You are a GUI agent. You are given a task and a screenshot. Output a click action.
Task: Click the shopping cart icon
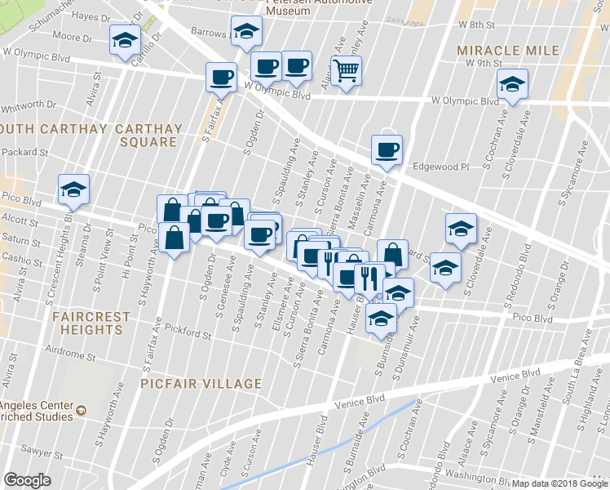[347, 71]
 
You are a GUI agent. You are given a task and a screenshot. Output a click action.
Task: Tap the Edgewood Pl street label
[442, 166]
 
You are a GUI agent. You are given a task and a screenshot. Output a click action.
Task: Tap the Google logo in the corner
[28, 479]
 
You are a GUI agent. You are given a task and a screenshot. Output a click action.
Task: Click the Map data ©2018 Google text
[559, 483]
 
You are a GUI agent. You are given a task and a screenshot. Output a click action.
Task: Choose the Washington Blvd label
[477, 474]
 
